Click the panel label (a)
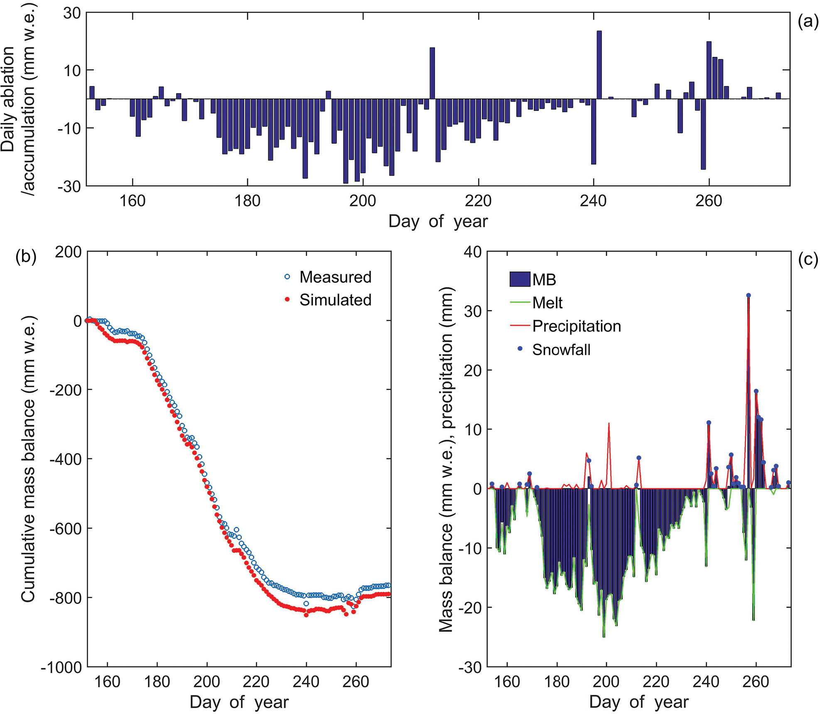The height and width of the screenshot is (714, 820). coord(808,21)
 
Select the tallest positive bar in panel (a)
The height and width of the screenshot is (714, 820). coord(599,65)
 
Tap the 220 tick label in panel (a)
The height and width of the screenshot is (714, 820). coord(478,201)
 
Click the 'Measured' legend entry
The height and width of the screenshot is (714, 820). coord(328,277)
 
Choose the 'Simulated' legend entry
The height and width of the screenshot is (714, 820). coord(328,300)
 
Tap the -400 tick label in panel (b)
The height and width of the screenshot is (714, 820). coord(66,459)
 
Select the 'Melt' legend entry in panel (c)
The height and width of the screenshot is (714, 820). coord(536,303)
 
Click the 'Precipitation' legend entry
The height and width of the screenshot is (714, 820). coord(565,326)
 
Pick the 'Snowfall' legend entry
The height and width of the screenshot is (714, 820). coord(555,350)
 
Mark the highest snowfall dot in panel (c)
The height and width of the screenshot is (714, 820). coord(749,295)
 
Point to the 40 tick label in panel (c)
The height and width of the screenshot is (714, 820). coord(472,252)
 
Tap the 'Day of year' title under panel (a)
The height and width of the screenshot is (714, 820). coord(438,221)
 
